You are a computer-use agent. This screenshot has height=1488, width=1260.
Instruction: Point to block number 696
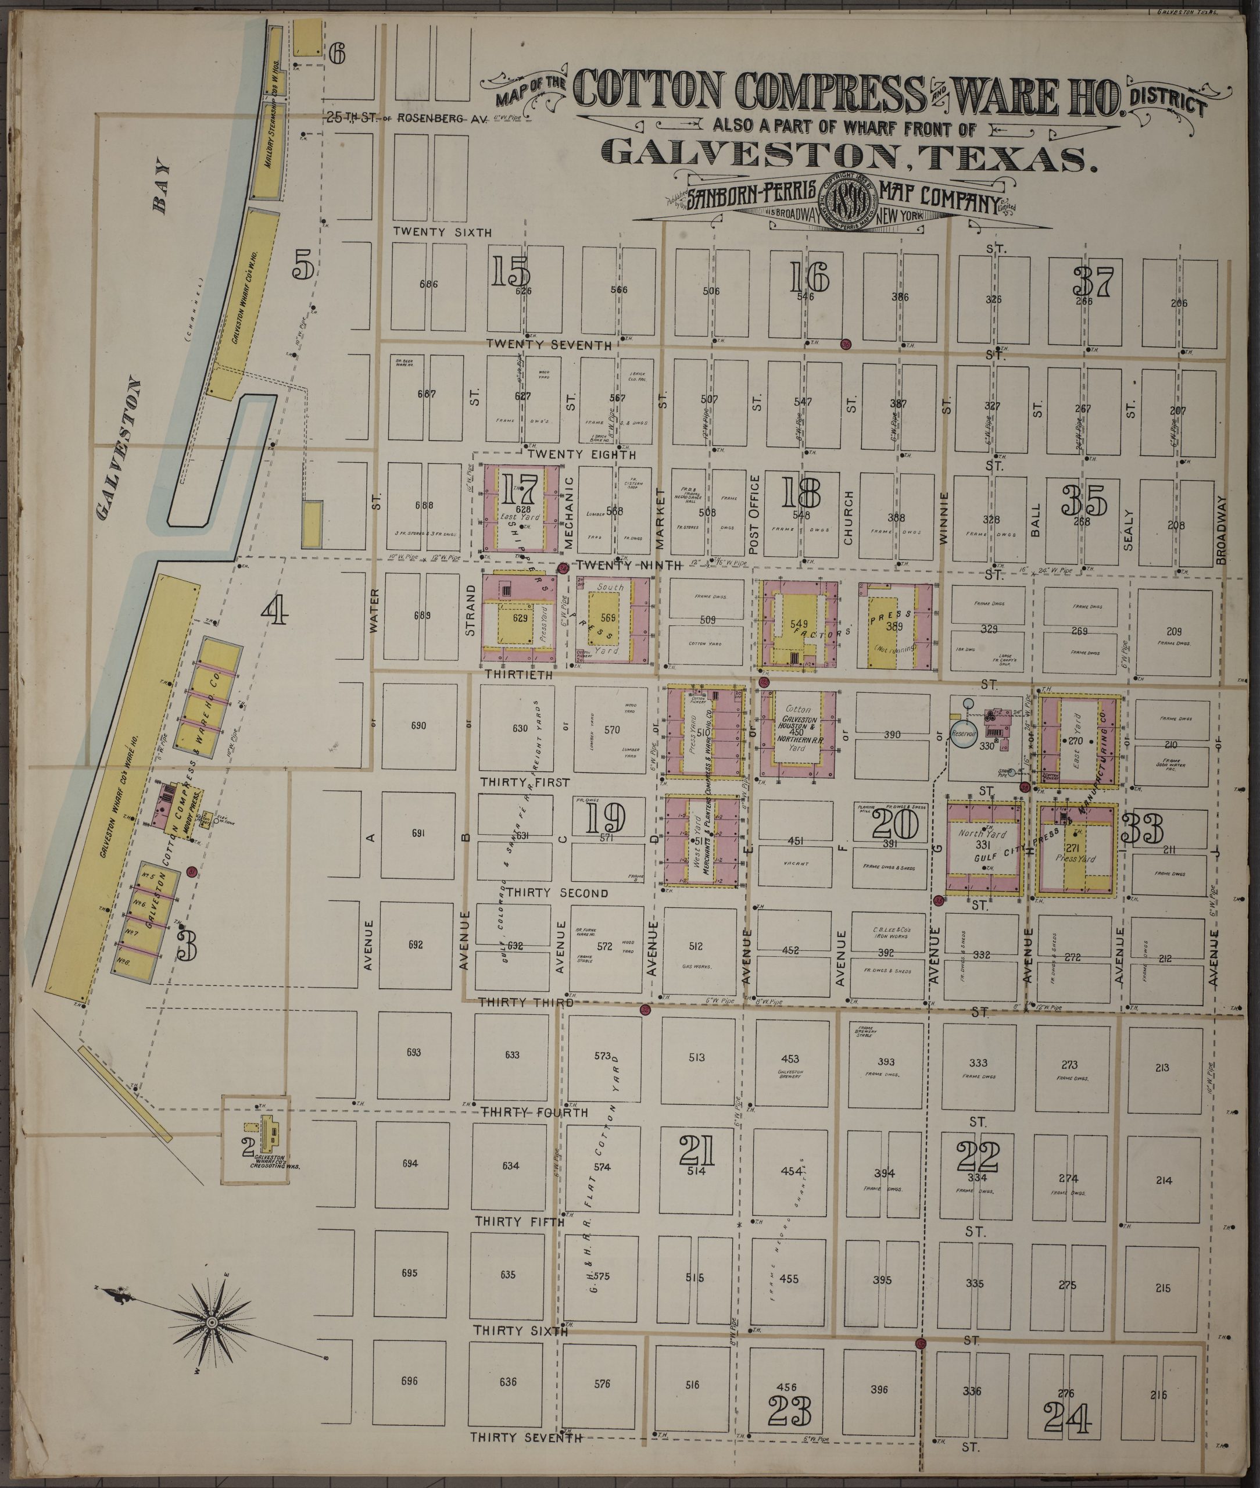(x=409, y=1381)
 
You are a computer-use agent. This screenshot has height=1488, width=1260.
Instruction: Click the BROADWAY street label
(x=1220, y=530)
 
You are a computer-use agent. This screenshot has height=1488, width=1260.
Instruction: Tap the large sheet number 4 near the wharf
(x=275, y=611)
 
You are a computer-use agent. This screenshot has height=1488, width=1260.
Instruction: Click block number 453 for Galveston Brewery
(x=789, y=1058)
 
